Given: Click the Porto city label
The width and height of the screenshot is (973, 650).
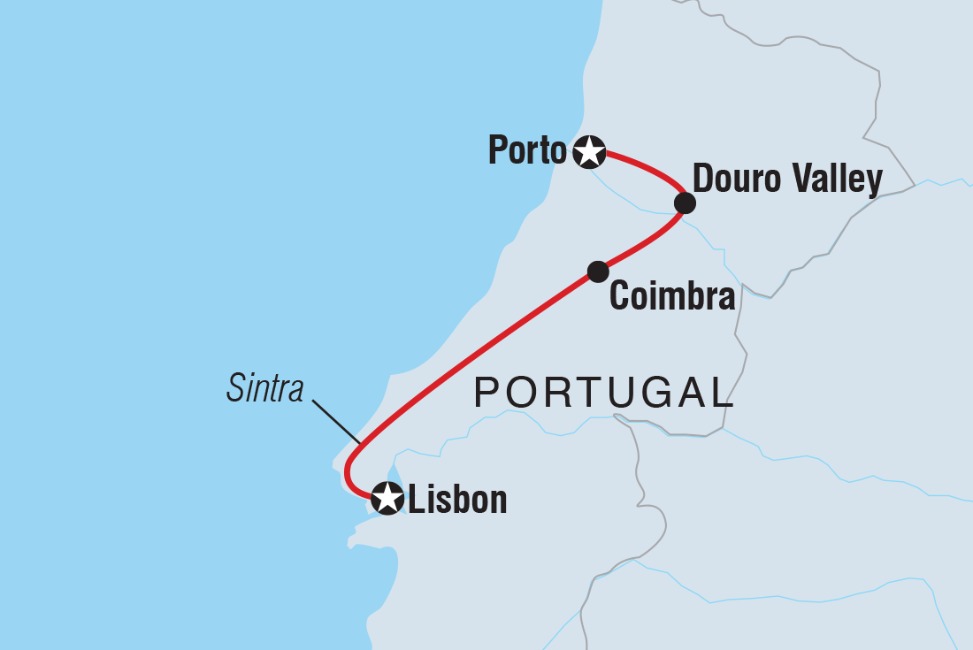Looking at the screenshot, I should click(526, 152).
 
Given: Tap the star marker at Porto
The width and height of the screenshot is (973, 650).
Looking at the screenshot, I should click(589, 152).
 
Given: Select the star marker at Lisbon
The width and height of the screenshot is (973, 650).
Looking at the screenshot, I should click(387, 498).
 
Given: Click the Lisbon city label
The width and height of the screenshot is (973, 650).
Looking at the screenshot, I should click(457, 500).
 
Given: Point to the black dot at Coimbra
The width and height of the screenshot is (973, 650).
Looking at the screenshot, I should click(598, 271).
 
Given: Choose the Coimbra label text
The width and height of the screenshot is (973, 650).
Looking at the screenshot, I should click(672, 297).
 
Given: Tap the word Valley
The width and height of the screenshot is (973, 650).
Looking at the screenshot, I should click(839, 180).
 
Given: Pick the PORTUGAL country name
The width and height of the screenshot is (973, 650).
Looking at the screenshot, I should click(604, 392).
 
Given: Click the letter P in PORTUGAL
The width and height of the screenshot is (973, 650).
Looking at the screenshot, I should click(486, 392).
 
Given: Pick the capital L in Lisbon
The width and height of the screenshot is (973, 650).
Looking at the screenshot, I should click(415, 500).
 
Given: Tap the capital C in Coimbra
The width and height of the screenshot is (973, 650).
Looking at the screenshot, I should click(619, 297).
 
